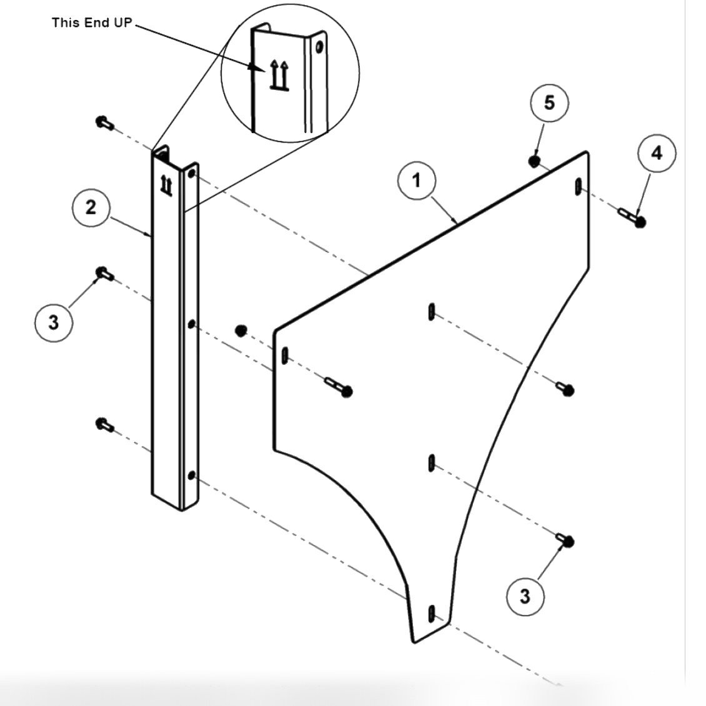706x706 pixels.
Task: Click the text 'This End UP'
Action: point(92,22)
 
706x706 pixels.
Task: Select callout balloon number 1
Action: point(417,180)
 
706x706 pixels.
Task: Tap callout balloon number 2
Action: point(91,207)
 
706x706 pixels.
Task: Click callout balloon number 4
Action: point(657,153)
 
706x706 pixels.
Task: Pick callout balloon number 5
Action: point(549,103)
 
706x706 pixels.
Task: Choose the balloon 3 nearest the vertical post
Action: point(54,322)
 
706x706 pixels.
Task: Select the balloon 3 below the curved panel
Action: point(525,596)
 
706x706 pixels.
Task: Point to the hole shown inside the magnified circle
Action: point(320,47)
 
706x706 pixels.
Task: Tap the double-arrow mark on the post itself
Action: point(167,185)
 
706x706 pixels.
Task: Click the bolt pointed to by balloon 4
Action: point(632,218)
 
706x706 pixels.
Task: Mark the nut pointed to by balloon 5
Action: point(534,162)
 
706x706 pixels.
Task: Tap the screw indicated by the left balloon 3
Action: point(104,273)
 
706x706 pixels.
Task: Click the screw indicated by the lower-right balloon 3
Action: point(566,540)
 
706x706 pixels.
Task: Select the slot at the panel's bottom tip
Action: point(430,613)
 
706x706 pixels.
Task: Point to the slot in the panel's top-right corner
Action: point(578,186)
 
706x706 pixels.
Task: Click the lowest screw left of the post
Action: point(104,425)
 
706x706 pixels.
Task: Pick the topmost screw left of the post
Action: point(104,122)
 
